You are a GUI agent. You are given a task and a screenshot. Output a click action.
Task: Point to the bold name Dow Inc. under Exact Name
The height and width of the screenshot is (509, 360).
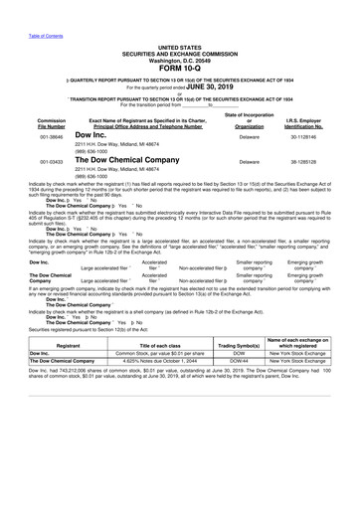(x=90, y=133)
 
